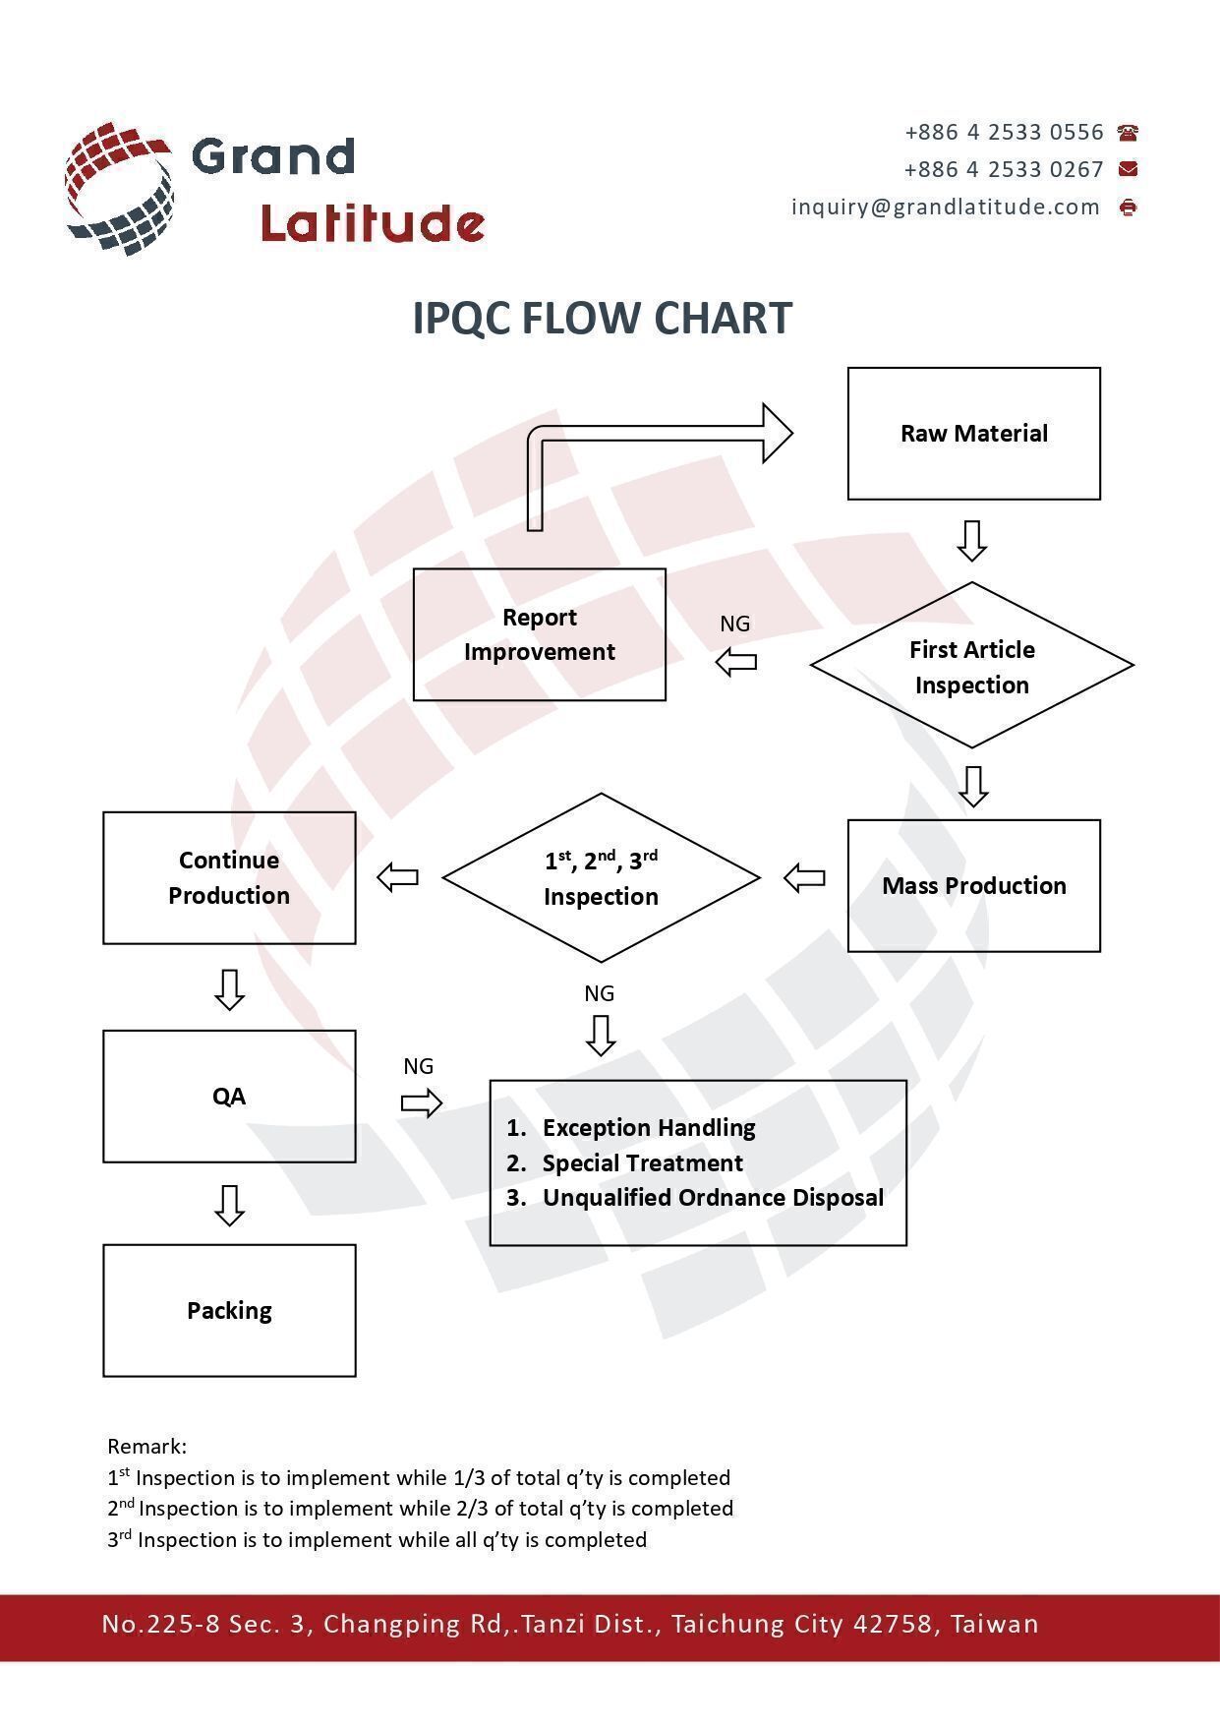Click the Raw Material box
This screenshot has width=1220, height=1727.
click(973, 434)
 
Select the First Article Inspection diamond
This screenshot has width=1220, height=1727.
click(971, 666)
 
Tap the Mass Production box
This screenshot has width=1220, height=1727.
click(973, 885)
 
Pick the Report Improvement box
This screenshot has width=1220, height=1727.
click(539, 634)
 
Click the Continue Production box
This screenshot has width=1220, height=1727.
click(229, 877)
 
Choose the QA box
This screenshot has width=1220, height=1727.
click(229, 1096)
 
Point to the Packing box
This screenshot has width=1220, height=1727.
click(229, 1310)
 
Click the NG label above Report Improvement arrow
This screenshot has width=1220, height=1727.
click(734, 624)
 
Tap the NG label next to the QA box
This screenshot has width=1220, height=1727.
click(418, 1066)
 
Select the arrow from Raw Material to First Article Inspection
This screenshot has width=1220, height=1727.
click(972, 541)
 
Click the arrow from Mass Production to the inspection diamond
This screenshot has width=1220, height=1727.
click(804, 877)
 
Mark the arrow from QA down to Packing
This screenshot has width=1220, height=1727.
click(229, 1205)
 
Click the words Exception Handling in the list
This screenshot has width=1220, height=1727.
click(649, 1127)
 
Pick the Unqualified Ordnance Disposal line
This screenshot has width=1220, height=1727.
click(713, 1197)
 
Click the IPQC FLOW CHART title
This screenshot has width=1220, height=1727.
click(602, 318)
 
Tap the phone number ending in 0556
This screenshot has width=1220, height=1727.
click(1004, 132)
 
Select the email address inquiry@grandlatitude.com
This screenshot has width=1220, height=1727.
click(946, 207)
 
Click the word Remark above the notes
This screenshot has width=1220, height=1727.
click(145, 1446)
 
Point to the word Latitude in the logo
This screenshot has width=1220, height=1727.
click(373, 223)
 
